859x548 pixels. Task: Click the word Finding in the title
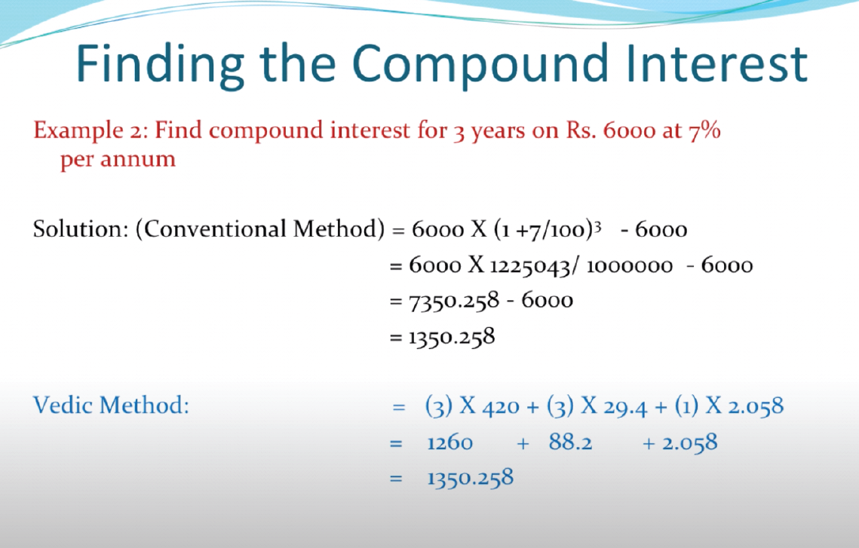pos(159,65)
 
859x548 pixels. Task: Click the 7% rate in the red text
pos(704,130)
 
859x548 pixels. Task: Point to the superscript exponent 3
pos(598,226)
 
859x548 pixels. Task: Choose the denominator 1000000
pos(630,267)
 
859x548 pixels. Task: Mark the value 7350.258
pos(454,301)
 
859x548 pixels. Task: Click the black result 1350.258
pos(452,337)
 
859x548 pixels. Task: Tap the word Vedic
pos(63,406)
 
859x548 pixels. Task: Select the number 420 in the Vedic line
pos(501,407)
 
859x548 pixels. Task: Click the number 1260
pos(449,442)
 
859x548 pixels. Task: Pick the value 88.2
pos(570,442)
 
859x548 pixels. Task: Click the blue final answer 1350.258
pos(470,478)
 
